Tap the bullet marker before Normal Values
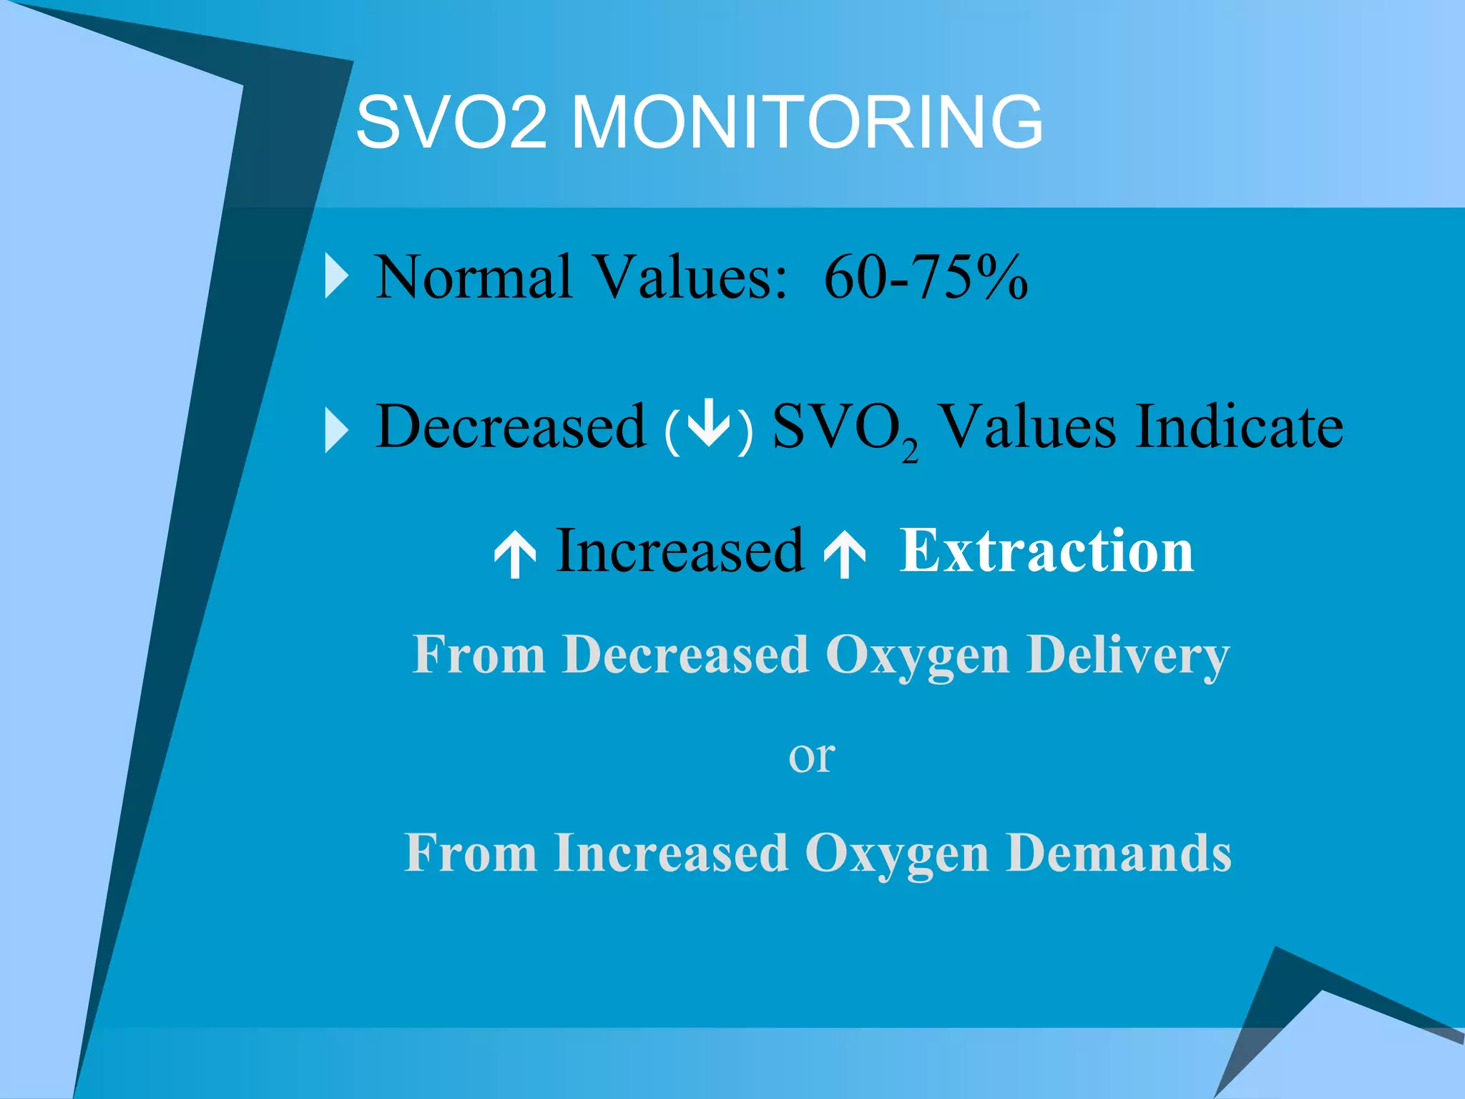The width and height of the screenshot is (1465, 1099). (337, 275)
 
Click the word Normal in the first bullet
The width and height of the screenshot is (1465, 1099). (474, 277)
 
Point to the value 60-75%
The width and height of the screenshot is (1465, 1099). (926, 277)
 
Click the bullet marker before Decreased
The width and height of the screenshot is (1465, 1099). (337, 429)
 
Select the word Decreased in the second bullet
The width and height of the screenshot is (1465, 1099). (511, 427)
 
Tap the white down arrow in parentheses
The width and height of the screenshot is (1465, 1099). (708, 426)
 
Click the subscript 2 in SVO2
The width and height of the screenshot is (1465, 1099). (909, 452)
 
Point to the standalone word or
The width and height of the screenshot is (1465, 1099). (811, 757)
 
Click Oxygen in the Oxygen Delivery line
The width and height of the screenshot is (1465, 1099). (918, 656)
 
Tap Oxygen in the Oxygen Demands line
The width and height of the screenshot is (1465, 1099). (897, 854)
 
